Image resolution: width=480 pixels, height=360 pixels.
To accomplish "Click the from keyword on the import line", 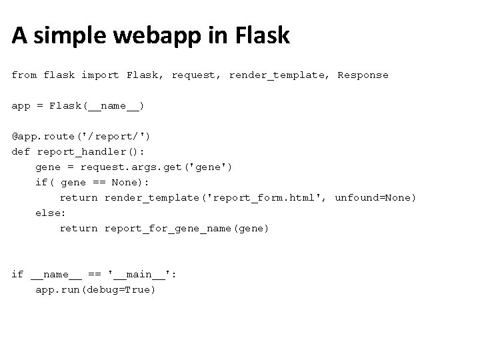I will [x=24, y=75].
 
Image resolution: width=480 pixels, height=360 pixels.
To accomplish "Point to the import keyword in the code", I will [x=101, y=75].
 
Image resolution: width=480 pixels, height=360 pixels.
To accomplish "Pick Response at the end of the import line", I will [x=363, y=75].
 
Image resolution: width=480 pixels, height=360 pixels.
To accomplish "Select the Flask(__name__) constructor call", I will [x=97, y=106].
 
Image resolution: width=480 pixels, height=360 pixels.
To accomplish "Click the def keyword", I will [x=21, y=152].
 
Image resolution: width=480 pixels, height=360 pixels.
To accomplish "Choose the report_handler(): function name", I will [x=94, y=152].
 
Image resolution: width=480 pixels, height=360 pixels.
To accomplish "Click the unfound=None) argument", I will [x=375, y=198].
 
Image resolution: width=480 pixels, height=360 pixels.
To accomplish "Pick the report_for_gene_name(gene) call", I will [x=187, y=229].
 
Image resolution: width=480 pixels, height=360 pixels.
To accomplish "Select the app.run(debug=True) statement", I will [x=95, y=290].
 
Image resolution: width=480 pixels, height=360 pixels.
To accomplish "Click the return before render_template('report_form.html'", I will [x=79, y=198].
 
